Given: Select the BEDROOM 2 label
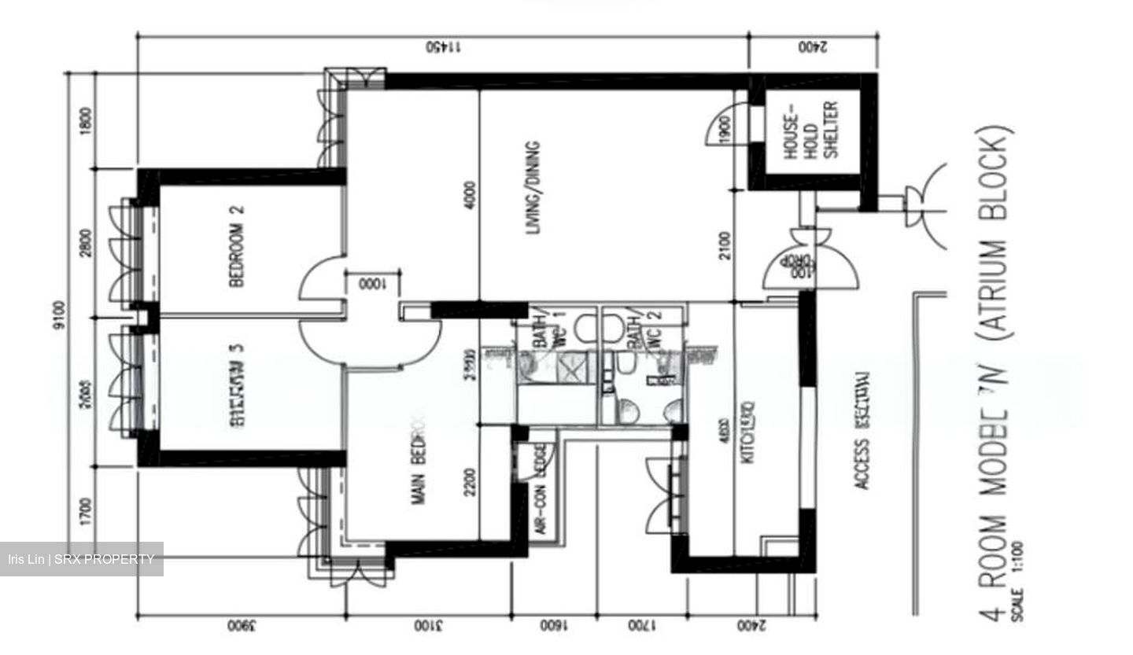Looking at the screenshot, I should [237, 246].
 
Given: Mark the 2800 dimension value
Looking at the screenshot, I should [86, 243].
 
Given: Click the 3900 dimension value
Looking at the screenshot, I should [241, 627].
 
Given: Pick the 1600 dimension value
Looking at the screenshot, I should [553, 627].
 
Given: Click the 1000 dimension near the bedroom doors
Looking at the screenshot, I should [371, 284].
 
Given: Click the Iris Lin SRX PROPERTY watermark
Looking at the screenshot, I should [81, 559].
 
